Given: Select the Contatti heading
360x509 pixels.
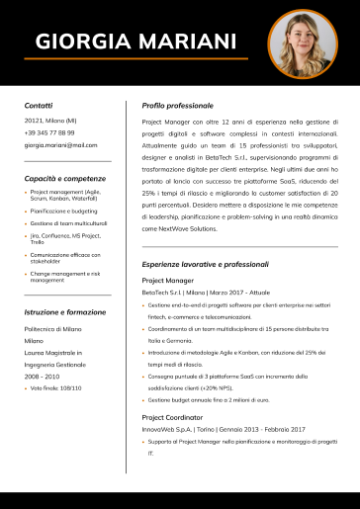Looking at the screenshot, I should point(39,104).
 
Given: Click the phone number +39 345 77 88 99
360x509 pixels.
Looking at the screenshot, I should point(49,132).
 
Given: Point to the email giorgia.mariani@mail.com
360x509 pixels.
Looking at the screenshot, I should point(61,145).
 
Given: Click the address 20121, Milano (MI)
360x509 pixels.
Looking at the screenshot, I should point(50,120).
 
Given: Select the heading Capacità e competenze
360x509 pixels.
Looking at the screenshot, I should point(66,178).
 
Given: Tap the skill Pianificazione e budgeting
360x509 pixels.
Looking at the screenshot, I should point(64,211).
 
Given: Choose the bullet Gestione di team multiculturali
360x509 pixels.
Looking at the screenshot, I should point(68,223).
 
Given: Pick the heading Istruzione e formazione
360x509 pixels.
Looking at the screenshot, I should point(64,311).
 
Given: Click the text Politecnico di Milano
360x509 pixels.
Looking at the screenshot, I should point(53,327).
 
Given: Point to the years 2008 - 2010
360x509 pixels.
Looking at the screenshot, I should point(42,377).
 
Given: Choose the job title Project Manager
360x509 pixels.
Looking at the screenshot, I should point(167,281).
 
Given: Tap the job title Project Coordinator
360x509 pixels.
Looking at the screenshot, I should point(172,417).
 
